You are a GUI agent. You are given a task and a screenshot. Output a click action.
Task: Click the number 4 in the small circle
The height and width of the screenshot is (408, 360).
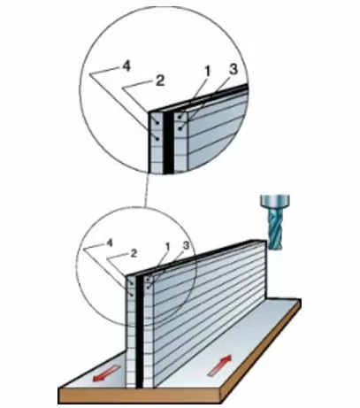tap(110, 242)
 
